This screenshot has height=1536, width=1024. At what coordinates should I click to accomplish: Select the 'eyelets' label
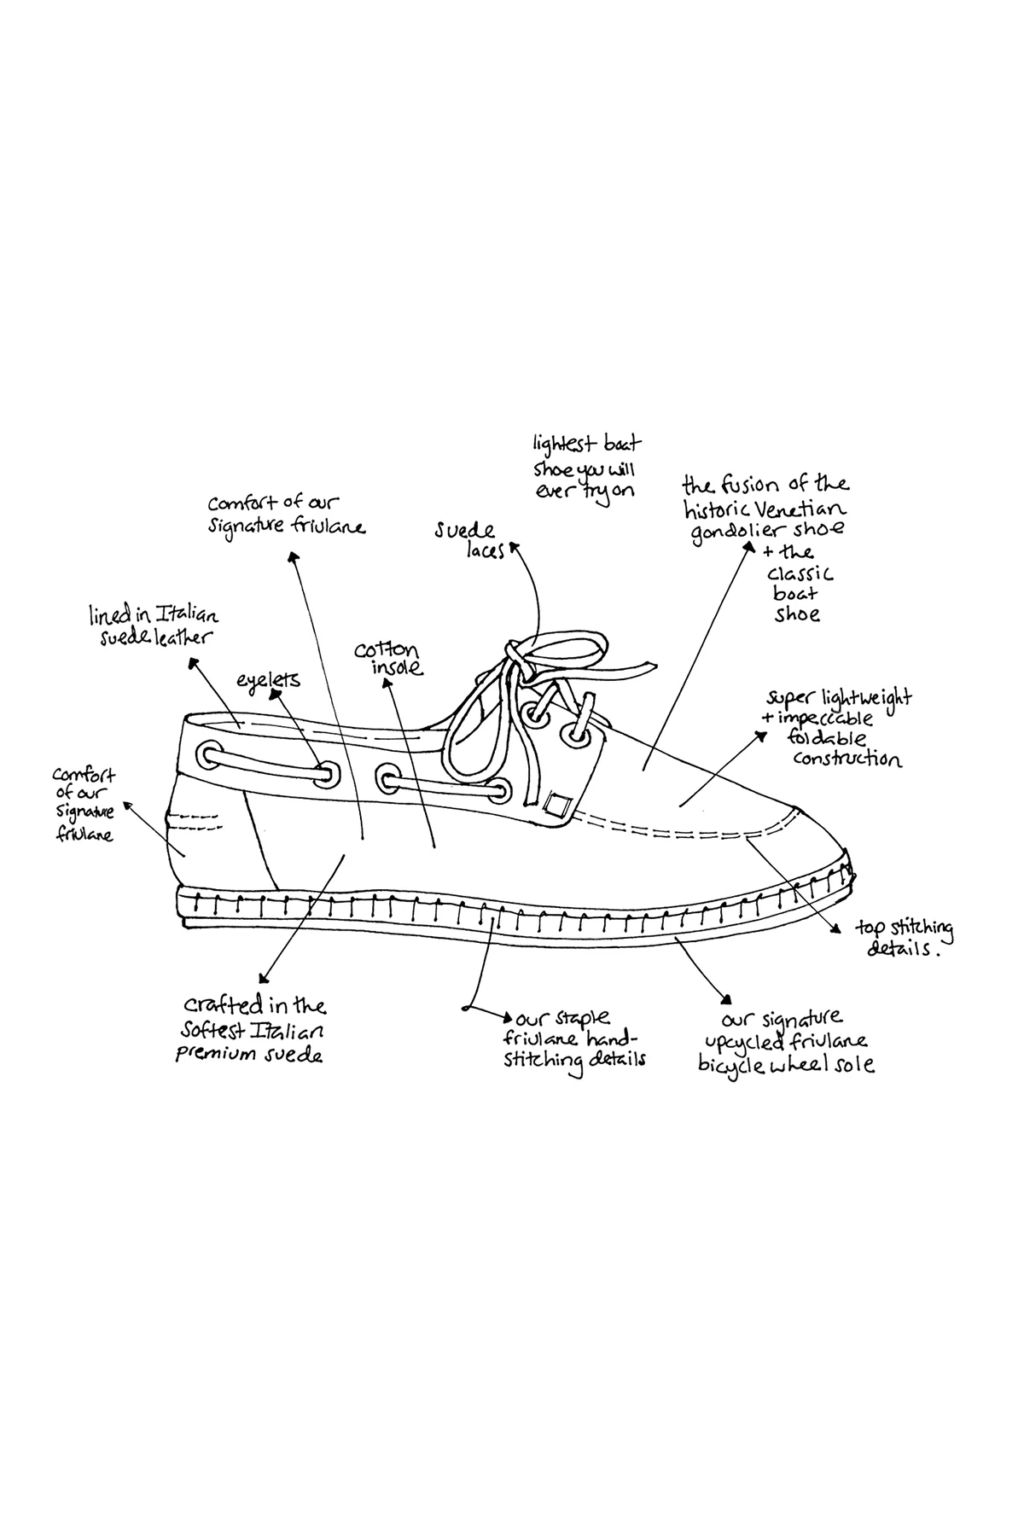click(269, 680)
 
